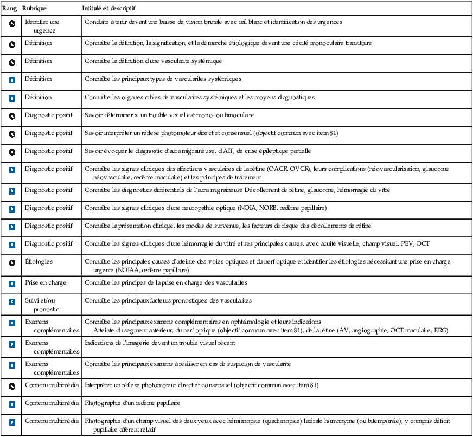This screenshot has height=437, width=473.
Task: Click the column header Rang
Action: pyautogui.click(x=10, y=9)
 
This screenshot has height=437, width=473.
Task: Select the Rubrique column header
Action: pyautogui.click(x=34, y=9)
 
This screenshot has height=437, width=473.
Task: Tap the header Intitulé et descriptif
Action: pyautogui.click(x=109, y=9)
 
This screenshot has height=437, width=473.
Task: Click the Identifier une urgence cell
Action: pyautogui.click(x=42, y=25)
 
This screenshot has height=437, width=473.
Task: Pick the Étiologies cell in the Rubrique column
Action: pyautogui.click(x=39, y=261)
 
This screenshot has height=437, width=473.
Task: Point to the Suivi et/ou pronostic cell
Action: pyautogui.click(x=42, y=304)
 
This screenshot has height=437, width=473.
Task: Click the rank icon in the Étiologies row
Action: pyautogui.click(x=12, y=263)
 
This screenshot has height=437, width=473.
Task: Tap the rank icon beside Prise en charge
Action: pyautogui.click(x=12, y=283)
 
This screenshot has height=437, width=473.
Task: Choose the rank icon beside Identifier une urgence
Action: pyautogui.click(x=12, y=24)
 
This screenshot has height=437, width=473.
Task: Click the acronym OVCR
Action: pyautogui.click(x=299, y=169)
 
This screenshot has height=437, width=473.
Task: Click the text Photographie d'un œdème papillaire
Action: pyautogui.click(x=132, y=403)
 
